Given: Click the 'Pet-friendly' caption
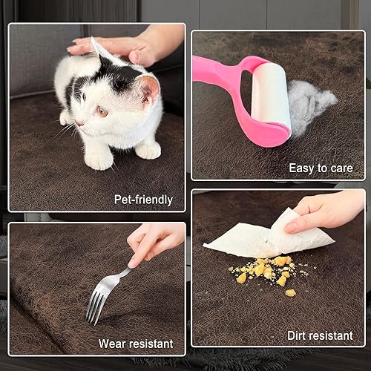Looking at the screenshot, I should tap(142, 199).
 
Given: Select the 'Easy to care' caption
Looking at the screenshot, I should tap(321, 168).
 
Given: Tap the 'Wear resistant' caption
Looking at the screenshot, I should tap(136, 344).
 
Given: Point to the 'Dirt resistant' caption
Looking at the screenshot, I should tap(320, 335).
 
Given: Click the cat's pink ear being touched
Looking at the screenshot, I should tap(148, 88).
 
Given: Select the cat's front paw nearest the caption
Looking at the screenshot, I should tap(148, 151).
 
